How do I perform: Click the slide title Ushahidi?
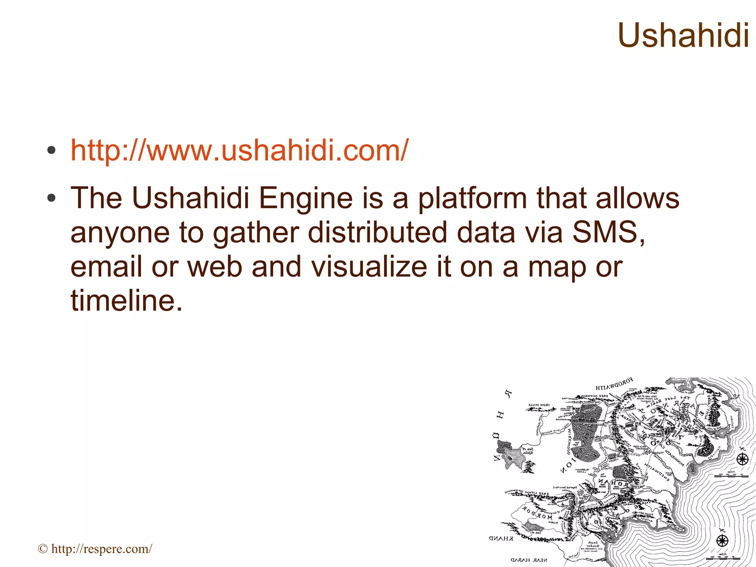point(683,35)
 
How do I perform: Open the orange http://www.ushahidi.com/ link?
point(239,150)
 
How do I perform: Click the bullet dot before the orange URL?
point(51,150)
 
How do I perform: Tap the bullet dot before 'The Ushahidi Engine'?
point(51,198)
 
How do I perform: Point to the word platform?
point(472,198)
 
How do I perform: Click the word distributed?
point(377,233)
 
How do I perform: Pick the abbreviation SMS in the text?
point(605,233)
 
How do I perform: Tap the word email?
point(106,267)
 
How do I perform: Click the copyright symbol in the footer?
point(43,549)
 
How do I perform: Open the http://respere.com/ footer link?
point(102,549)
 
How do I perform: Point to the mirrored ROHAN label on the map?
point(615,483)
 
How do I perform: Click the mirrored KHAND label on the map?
point(501,538)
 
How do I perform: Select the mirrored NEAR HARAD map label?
point(529,560)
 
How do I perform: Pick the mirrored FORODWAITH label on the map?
point(614,384)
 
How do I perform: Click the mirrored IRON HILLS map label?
point(539,405)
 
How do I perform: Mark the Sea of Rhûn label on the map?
point(528,451)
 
